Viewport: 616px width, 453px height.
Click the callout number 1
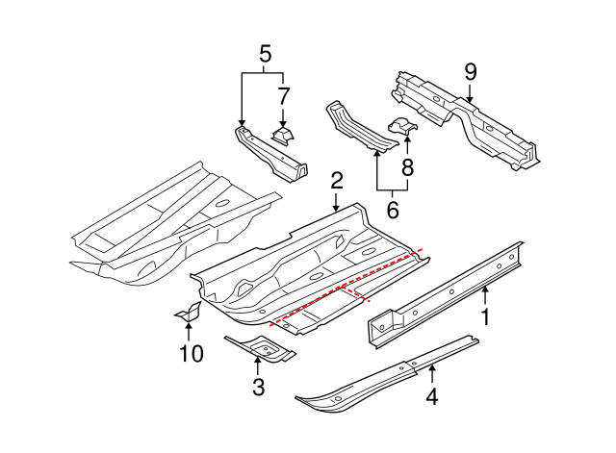[485, 316]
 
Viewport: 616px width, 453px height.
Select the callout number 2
[336, 180]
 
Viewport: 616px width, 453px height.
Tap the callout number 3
[257, 388]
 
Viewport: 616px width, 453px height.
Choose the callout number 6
[391, 209]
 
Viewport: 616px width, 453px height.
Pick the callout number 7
[283, 95]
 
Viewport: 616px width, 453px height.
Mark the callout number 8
[406, 167]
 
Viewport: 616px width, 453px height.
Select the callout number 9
[470, 70]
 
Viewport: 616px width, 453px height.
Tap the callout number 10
[191, 354]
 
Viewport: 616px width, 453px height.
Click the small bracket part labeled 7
[283, 134]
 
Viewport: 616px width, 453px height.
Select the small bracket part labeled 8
[402, 125]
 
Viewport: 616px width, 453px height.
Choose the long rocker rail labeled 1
[443, 293]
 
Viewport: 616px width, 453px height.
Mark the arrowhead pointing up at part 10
[188, 329]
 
